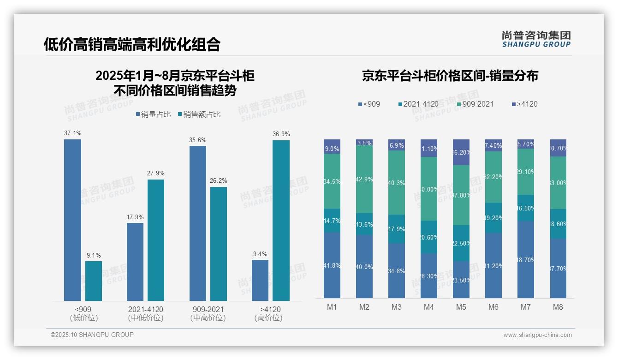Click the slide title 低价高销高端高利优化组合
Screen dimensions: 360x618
(132, 44)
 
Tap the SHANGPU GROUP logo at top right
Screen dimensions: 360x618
(536, 39)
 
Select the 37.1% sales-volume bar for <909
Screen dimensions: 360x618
(72, 220)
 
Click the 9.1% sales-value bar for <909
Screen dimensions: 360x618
(94, 281)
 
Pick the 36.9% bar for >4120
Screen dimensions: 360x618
(281, 221)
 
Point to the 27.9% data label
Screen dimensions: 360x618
(156, 173)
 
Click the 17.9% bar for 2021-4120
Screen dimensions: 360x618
(135, 262)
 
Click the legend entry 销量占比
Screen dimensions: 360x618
(154, 114)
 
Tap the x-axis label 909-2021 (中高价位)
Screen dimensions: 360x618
(208, 313)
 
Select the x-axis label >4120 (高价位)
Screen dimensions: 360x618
(270, 313)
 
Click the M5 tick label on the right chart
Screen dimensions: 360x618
(461, 307)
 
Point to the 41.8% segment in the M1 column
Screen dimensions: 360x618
(332, 265)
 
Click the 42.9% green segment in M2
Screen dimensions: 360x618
(364, 180)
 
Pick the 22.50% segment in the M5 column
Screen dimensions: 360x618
(461, 243)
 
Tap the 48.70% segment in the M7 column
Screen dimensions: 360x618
(525, 259)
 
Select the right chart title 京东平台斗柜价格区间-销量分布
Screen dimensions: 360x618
(450, 76)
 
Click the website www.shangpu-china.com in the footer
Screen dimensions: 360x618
(537, 335)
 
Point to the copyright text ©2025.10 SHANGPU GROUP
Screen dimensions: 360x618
(92, 335)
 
